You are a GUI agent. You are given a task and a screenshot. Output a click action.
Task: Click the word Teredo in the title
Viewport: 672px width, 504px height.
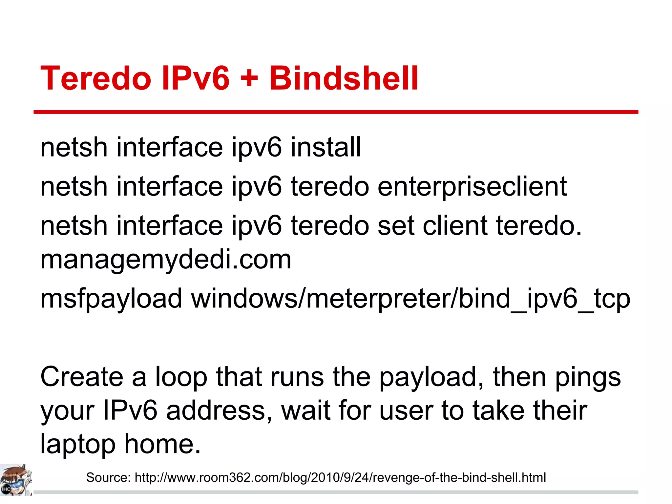[95, 78]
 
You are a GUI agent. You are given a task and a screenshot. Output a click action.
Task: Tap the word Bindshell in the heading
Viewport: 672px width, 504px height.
[344, 78]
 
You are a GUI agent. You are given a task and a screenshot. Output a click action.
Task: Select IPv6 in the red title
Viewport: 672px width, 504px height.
[196, 78]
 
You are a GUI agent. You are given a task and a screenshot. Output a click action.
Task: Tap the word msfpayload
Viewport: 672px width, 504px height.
[111, 299]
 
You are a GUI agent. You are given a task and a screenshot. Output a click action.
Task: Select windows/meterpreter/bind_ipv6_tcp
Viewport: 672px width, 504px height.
[410, 299]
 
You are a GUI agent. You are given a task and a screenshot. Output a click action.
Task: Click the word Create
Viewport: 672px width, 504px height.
[82, 377]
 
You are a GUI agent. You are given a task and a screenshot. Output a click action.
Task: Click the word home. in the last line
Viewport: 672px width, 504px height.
[162, 443]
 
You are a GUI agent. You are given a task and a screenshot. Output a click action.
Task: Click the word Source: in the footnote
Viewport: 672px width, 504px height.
[108, 477]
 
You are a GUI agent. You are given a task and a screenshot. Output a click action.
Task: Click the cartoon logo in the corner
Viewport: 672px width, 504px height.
[16, 480]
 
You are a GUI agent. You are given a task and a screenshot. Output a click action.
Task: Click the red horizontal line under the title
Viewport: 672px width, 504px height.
[336, 112]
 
